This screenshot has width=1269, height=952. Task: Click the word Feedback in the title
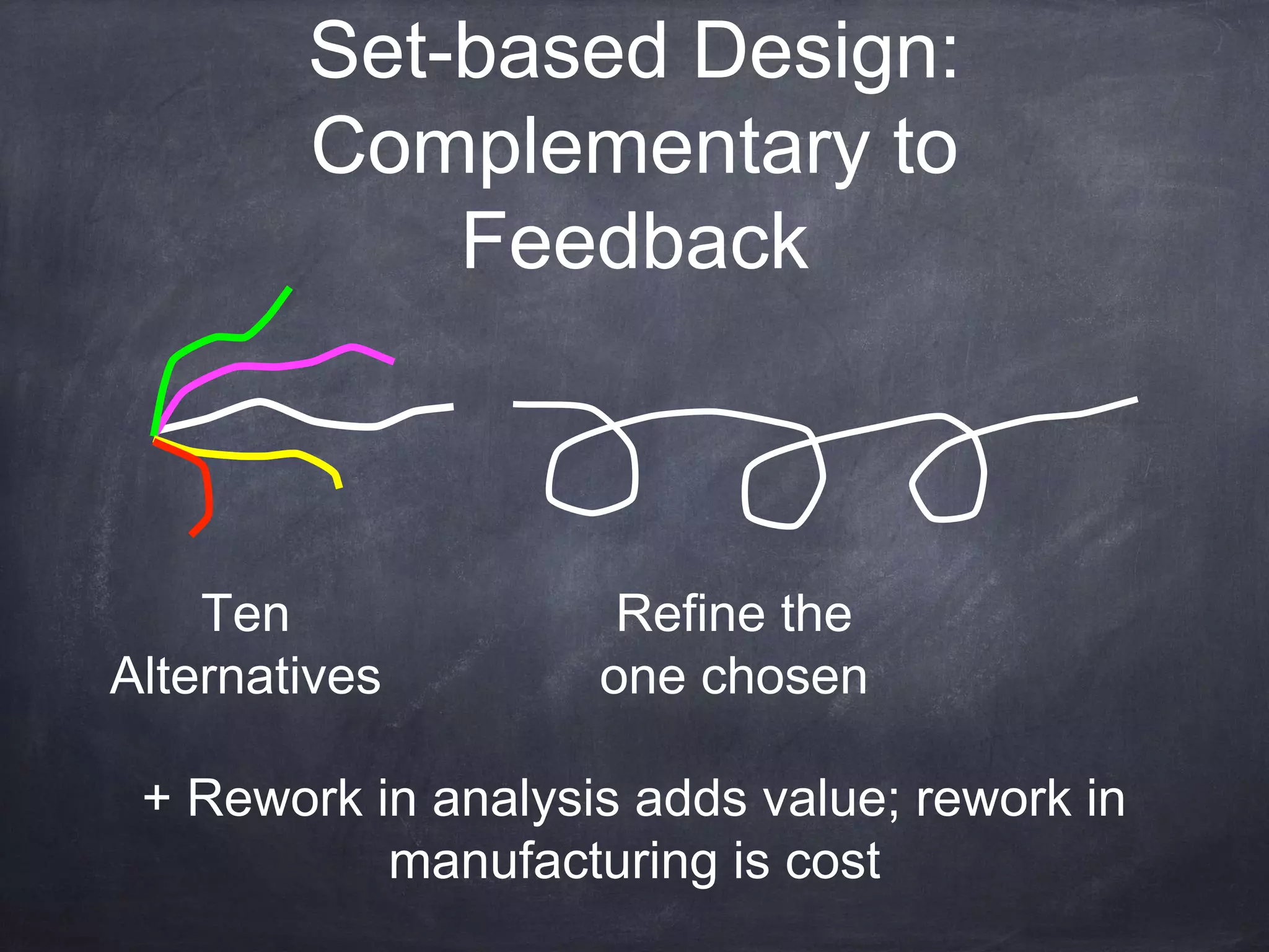tap(635, 242)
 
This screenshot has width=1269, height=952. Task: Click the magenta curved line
tap(279, 366)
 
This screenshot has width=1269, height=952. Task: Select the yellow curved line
tap(266, 456)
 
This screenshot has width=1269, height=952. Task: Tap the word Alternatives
tap(245, 677)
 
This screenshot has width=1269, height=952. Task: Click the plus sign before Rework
tap(156, 798)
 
